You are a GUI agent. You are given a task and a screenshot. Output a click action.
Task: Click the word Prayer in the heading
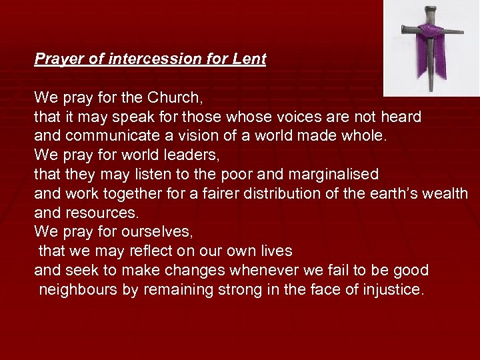coord(59,59)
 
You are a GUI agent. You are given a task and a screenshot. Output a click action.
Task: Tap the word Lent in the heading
coord(249,59)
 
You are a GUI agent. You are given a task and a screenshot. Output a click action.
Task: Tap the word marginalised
coord(333,175)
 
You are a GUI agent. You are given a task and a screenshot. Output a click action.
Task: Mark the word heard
coord(401,117)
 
